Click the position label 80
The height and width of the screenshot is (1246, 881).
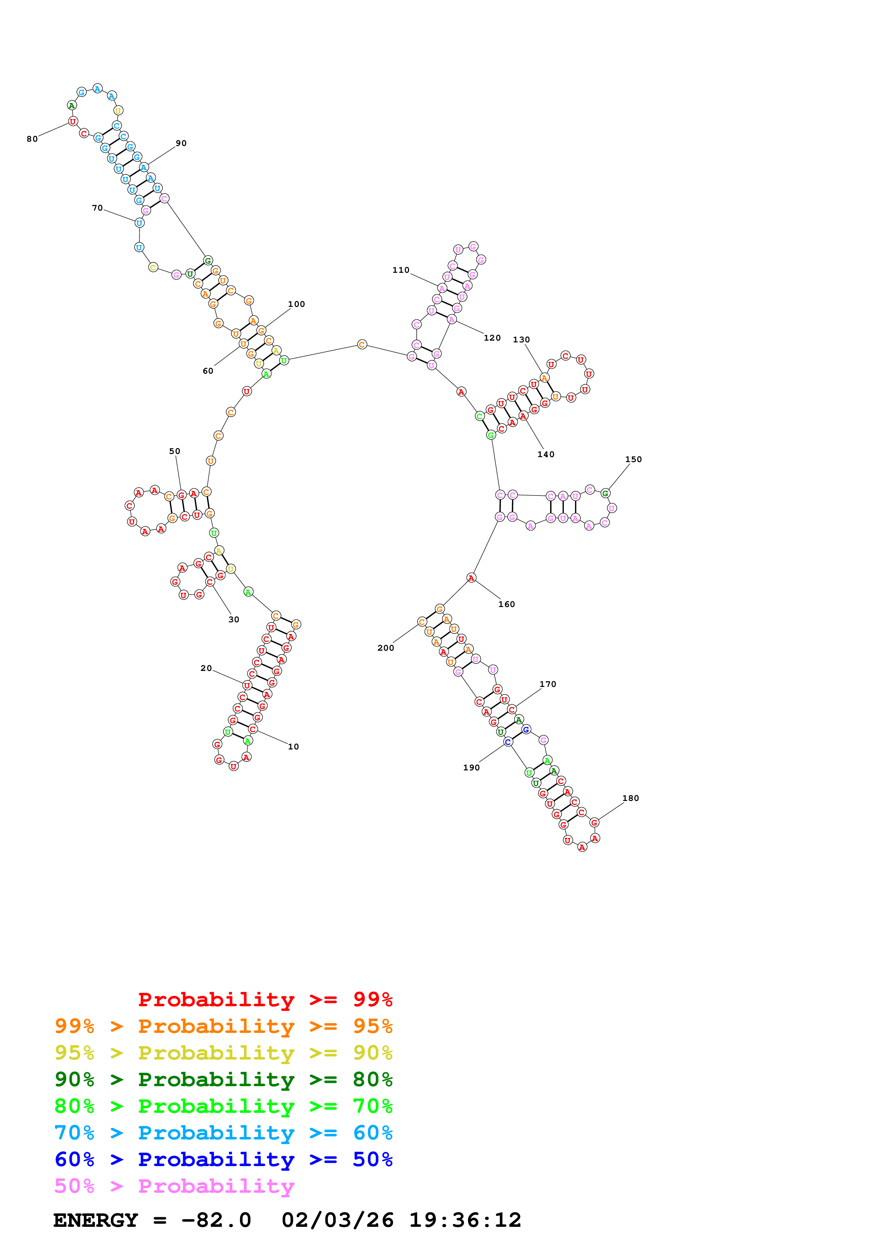pos(32,139)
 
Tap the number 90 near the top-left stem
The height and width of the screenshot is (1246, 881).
pos(181,143)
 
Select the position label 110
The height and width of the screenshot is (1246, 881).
pos(401,270)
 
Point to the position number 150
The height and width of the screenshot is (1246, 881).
pos(633,459)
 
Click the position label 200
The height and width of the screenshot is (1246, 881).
pos(385,648)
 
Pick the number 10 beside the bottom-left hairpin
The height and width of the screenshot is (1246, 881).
pos(293,746)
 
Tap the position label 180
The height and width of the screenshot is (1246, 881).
pos(630,798)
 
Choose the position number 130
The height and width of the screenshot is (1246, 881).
pos(521,339)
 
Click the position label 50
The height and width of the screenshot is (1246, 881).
pos(174,451)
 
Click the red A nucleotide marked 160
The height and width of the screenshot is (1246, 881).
pos(471,578)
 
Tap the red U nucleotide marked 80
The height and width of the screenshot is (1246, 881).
pos(73,121)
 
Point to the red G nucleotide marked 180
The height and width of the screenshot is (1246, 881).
pos(595,822)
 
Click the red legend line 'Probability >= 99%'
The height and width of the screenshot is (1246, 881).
pos(265,999)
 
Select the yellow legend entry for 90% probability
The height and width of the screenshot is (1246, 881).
pos(223,1052)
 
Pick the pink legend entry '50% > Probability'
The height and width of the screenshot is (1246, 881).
pos(174,1186)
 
